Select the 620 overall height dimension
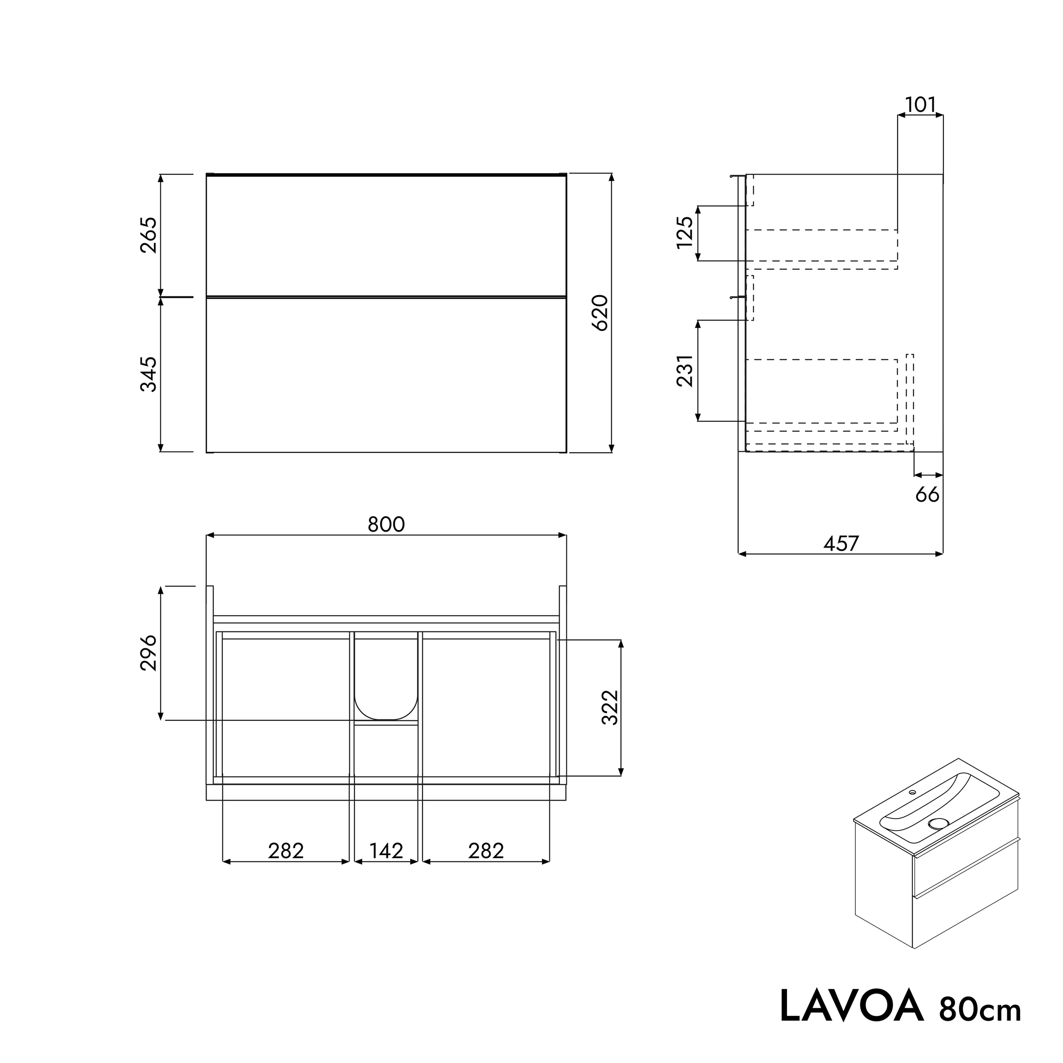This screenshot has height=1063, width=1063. pyautogui.click(x=600, y=313)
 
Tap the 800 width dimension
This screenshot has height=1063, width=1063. pyautogui.click(x=386, y=525)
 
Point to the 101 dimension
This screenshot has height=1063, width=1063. pyautogui.click(x=920, y=105)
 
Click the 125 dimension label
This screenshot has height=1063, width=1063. pyautogui.click(x=685, y=233)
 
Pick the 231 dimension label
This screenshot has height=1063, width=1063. pyautogui.click(x=685, y=371)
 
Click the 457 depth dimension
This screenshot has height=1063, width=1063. pyautogui.click(x=841, y=543)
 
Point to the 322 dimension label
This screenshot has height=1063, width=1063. pyautogui.click(x=611, y=708)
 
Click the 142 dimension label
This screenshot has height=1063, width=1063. pyautogui.click(x=386, y=851)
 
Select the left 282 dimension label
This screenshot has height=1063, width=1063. pyautogui.click(x=286, y=851)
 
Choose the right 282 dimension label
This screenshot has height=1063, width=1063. pyautogui.click(x=486, y=851)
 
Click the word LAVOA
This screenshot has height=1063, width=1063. pyautogui.click(x=851, y=1006)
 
